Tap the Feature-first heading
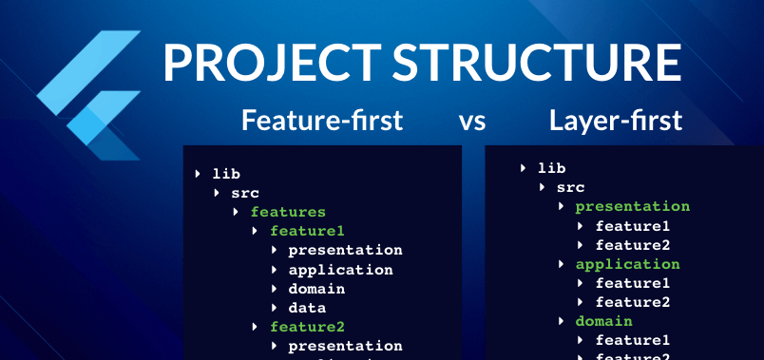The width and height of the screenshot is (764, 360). pos(322,121)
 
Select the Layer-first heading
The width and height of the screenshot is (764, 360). pos(615,121)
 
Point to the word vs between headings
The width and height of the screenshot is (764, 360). pos(473,122)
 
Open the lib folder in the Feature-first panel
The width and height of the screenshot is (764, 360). pos(226,174)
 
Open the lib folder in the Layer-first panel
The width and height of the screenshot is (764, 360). pos(551,168)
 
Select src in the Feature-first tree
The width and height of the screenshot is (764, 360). pos(245,193)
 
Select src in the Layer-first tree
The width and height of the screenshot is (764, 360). pos(570,187)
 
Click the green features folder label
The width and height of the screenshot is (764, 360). pos(288,212)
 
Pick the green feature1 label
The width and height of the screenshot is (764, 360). pos(307,231)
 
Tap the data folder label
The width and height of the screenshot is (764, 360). pos(307,308)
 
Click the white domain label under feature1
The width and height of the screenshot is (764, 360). pos(316,289)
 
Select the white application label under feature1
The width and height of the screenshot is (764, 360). pos(340,270)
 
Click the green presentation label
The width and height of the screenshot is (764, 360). pos(633,206)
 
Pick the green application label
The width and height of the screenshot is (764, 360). pos(628,264)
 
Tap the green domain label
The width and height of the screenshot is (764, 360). pos(604,321)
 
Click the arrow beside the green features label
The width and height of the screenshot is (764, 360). pos(238,212)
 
